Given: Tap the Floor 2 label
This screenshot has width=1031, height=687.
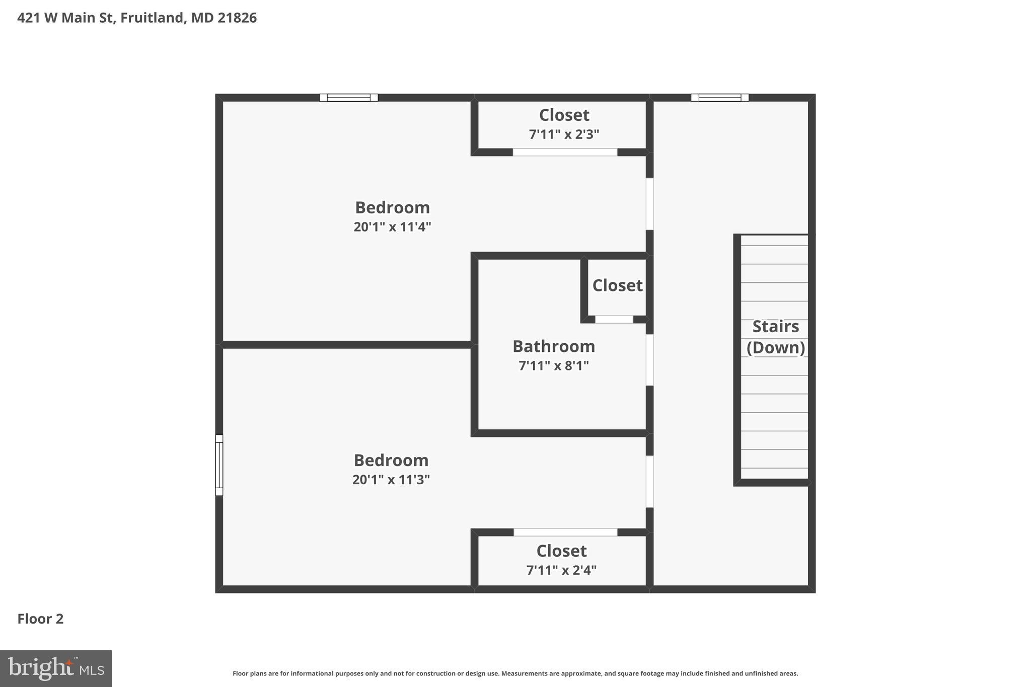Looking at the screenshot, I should click(x=40, y=619).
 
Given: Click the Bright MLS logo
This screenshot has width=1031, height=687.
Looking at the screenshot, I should click(x=56, y=668).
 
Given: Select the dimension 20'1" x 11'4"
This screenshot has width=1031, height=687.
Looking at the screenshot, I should click(x=392, y=227).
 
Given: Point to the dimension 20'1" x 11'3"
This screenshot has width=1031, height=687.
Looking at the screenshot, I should click(x=391, y=480).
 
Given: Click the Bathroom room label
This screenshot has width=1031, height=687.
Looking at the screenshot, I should click(x=553, y=346).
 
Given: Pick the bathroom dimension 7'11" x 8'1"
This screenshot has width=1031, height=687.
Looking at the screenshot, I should click(x=553, y=366).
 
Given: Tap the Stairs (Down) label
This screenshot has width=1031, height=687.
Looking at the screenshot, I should click(x=775, y=337).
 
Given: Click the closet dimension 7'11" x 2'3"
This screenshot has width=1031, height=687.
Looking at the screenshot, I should click(x=564, y=134).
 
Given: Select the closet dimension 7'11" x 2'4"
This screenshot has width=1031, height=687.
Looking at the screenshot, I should click(x=561, y=570).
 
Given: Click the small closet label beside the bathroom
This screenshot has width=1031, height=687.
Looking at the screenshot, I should click(x=617, y=285).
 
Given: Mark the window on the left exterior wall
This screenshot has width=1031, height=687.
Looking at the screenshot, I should click(x=219, y=465).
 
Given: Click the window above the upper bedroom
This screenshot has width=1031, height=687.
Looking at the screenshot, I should click(x=348, y=98).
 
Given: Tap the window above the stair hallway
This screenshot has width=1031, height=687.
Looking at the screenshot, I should click(x=719, y=98).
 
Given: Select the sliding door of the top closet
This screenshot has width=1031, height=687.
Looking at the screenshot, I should click(x=565, y=152).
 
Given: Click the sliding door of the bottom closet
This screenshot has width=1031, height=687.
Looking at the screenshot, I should click(x=565, y=532).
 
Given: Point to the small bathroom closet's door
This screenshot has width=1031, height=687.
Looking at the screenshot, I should click(x=614, y=320).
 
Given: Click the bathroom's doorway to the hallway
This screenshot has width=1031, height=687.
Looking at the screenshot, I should click(x=649, y=360).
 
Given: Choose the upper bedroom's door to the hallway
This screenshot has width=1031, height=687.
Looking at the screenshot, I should click(x=649, y=204).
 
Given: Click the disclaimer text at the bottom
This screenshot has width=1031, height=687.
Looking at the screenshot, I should click(x=515, y=673).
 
